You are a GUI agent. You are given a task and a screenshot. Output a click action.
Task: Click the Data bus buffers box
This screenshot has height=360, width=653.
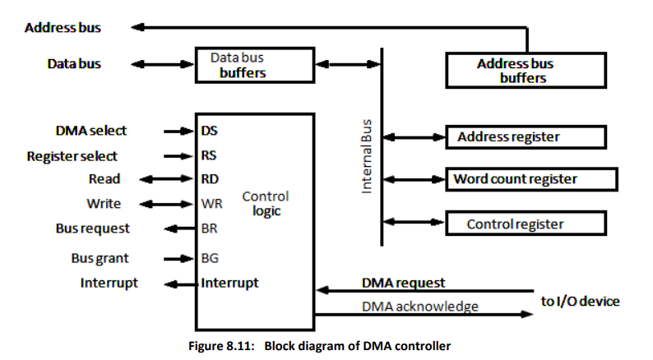point(254,65)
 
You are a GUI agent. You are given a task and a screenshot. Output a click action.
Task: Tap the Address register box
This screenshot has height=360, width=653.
point(525,136)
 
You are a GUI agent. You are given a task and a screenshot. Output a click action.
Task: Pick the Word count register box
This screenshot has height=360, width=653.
point(530,178)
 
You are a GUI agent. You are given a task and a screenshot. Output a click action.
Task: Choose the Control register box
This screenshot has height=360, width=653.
point(525,224)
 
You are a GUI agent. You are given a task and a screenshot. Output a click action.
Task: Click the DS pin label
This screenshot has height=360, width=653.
point(209,130)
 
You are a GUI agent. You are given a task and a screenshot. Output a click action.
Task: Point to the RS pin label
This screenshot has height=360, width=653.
point(209,155)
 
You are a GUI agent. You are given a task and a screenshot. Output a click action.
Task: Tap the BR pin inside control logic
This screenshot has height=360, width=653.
point(209,228)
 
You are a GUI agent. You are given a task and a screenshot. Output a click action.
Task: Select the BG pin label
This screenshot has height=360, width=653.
point(209,258)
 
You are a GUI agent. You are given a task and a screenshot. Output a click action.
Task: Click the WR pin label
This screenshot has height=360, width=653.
point(211,204)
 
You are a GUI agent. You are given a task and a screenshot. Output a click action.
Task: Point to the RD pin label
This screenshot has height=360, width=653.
point(209,179)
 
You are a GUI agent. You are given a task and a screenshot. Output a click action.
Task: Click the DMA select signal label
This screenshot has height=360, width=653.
point(91,130)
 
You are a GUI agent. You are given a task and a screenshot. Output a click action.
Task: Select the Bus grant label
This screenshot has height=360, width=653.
point(100,258)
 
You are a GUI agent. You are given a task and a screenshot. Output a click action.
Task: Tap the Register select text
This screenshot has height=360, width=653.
point(72,155)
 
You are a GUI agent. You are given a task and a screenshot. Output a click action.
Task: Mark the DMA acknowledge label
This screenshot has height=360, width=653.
point(419,307)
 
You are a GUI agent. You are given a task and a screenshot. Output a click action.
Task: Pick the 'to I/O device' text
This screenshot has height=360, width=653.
point(580,302)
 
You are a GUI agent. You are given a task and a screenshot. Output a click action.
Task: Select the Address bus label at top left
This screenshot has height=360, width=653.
point(63,27)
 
